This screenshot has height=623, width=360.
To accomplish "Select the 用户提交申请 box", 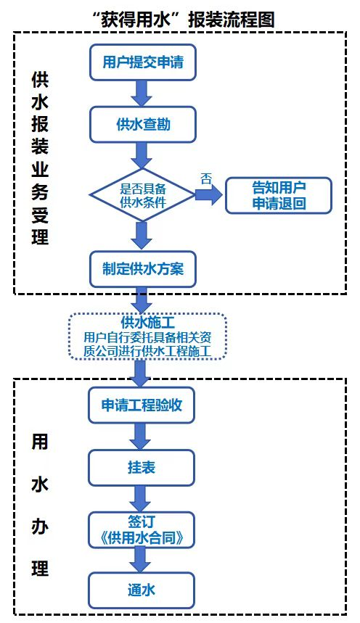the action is (x=143, y=62).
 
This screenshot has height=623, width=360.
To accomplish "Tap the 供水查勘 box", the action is (x=143, y=124).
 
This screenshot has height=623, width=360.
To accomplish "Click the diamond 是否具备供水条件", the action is (x=142, y=195).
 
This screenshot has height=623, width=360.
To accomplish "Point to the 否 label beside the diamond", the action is (x=206, y=178).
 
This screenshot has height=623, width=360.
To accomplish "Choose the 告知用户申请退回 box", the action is (x=279, y=196).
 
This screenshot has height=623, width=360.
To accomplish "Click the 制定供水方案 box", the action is (x=143, y=269).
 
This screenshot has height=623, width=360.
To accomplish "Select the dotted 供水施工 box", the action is (x=147, y=337).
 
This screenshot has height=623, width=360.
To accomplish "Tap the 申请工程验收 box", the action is (x=142, y=405).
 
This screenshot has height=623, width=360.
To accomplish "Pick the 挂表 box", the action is (x=142, y=468).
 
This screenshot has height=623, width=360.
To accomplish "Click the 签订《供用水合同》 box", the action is (x=142, y=529).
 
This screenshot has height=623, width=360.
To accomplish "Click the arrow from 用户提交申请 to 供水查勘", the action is (x=142, y=94).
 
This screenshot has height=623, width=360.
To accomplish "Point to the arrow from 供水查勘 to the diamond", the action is (x=142, y=156).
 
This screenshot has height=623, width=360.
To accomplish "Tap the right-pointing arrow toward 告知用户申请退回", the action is (x=209, y=195).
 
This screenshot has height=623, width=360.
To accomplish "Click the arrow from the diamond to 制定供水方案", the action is (x=142, y=236).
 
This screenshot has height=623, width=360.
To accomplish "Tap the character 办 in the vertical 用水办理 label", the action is (x=40, y=527).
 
